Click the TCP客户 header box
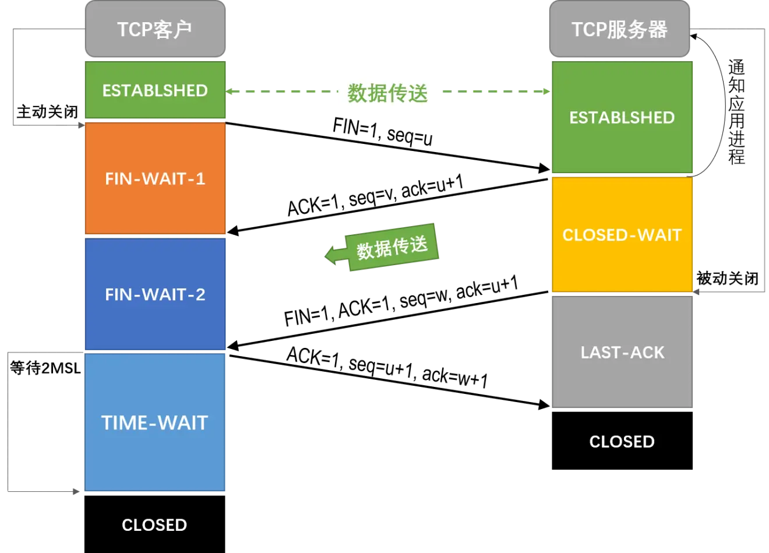(x=155, y=29)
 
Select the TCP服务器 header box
(x=619, y=29)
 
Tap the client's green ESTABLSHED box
(x=155, y=90)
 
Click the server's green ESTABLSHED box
(x=622, y=118)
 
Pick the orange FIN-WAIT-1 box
(x=155, y=178)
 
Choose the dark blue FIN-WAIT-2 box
(x=155, y=294)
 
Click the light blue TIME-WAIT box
(x=155, y=422)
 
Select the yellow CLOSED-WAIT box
(x=622, y=235)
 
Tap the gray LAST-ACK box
(x=622, y=353)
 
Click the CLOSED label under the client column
(x=154, y=525)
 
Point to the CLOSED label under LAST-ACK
(x=622, y=442)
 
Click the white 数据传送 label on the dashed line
(x=387, y=93)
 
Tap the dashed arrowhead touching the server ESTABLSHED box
(x=546, y=91)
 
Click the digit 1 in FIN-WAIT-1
(x=200, y=178)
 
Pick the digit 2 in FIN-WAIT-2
(x=200, y=294)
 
